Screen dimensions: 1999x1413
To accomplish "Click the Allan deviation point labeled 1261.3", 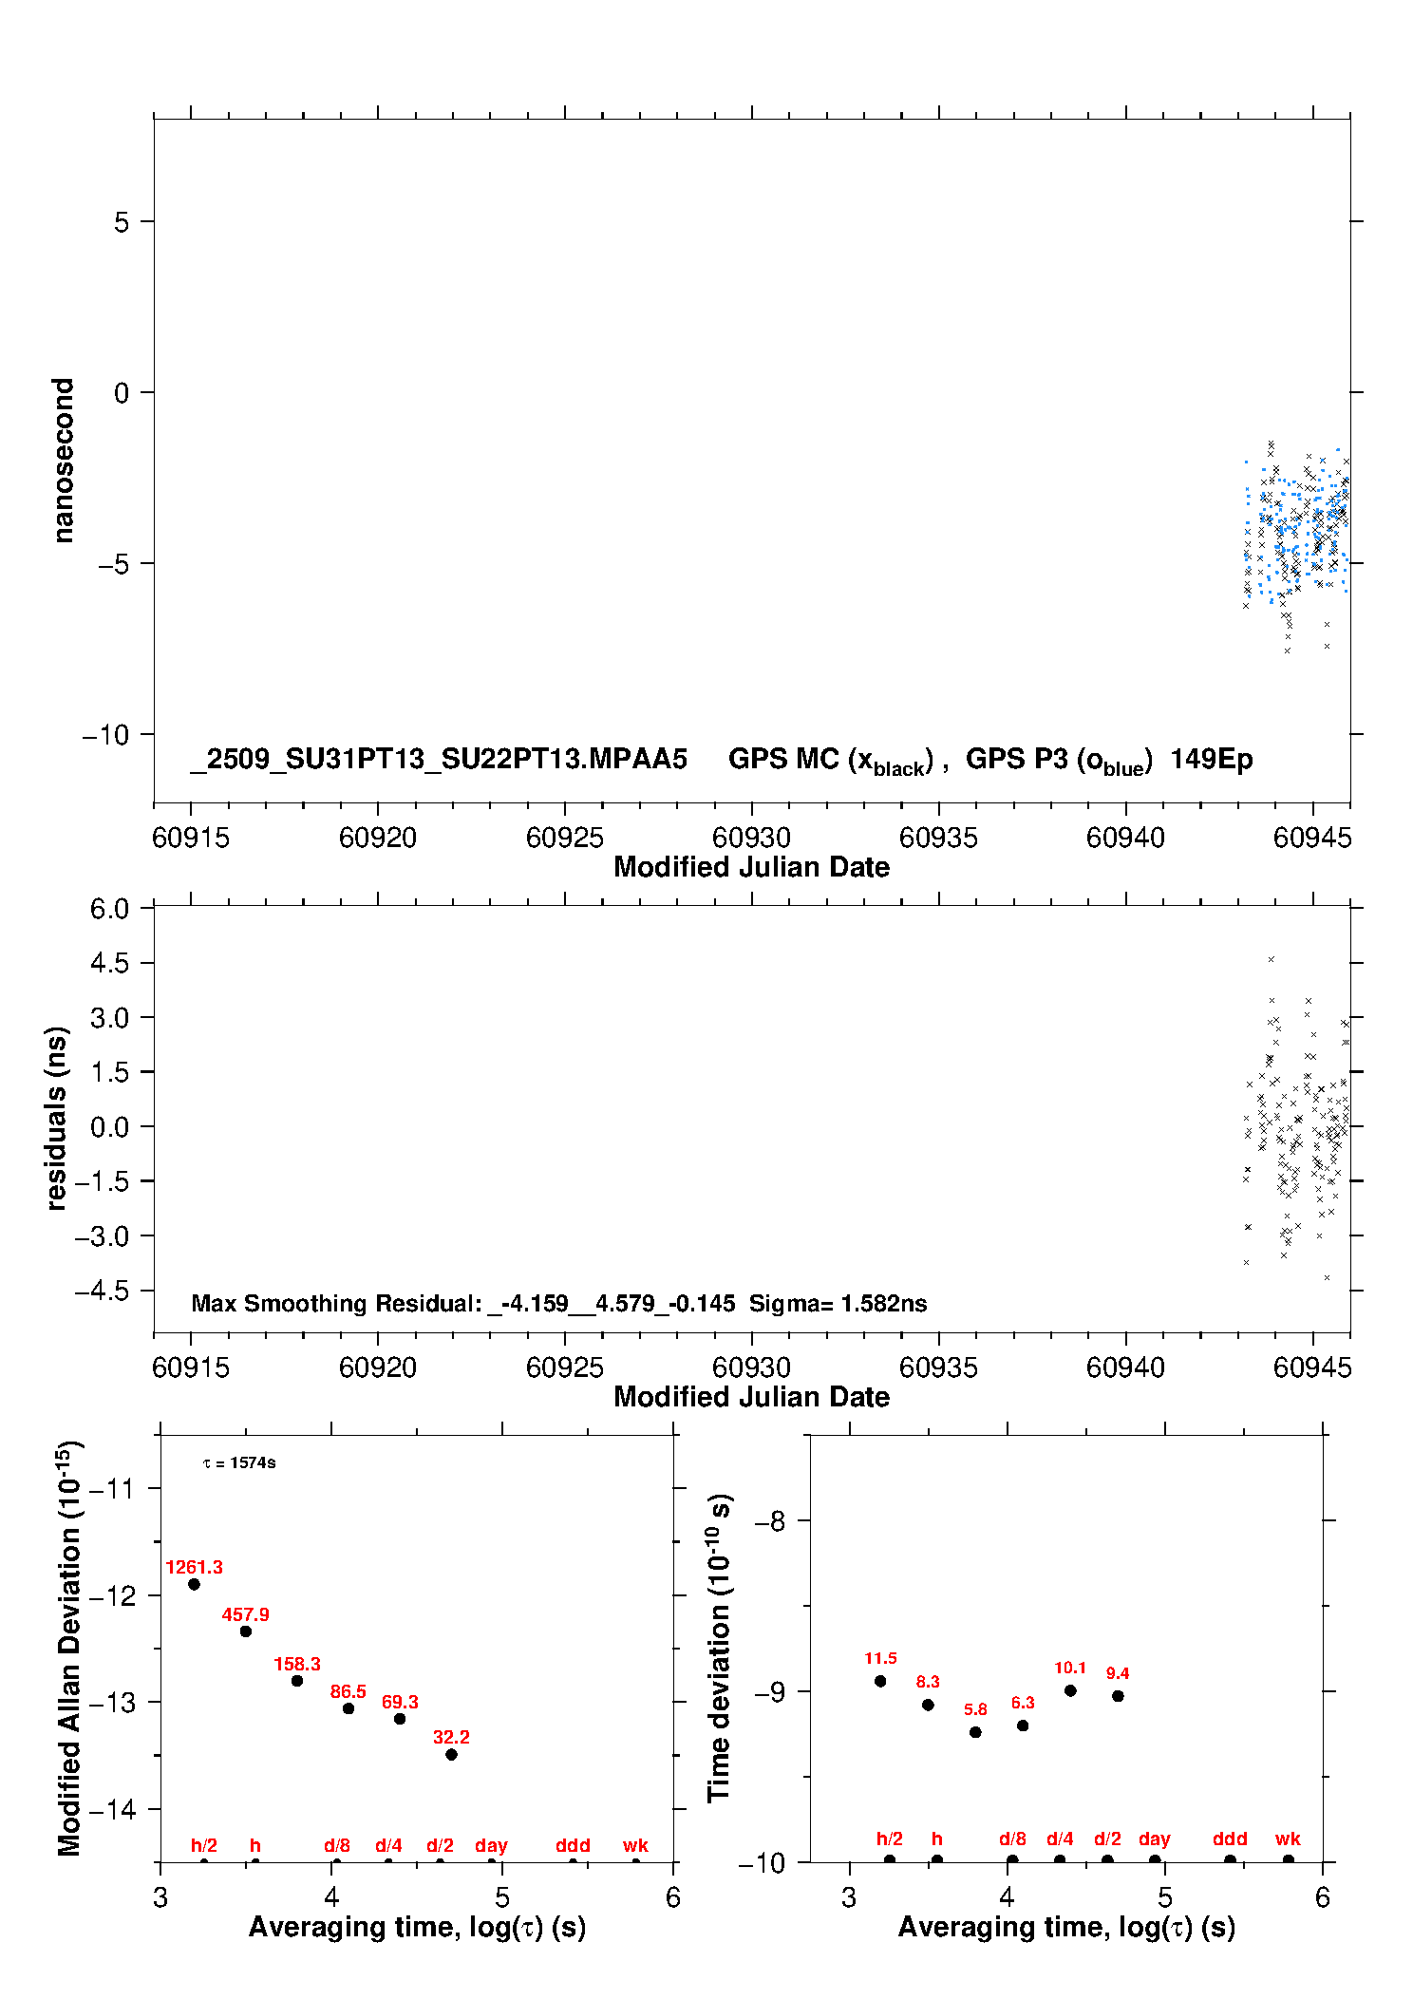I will (x=194, y=1584).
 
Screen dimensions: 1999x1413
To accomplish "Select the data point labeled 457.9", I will (x=246, y=1631).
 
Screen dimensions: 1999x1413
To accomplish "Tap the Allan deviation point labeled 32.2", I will (x=451, y=1754).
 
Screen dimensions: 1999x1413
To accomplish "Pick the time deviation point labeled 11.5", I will (x=880, y=1681).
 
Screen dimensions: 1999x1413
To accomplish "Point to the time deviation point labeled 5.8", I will (x=975, y=1732).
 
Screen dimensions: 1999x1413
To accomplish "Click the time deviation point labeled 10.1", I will (x=1070, y=1690).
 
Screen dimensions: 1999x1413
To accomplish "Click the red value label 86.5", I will (x=349, y=1691).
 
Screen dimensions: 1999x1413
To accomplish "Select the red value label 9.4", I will (x=1118, y=1673).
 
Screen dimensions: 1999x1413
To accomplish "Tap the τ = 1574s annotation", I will (x=239, y=1462).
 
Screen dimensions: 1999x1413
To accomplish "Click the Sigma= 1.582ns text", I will (x=838, y=1303).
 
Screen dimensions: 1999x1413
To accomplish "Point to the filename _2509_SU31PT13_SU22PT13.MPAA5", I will (x=439, y=759).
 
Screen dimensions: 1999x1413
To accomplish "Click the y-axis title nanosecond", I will (x=63, y=461).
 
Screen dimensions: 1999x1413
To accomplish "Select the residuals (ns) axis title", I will (x=57, y=1118).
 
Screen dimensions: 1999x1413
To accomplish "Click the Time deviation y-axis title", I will (x=719, y=1648).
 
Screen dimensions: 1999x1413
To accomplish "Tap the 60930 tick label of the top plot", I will (x=751, y=838).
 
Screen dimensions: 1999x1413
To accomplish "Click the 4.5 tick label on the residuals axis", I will (x=109, y=963).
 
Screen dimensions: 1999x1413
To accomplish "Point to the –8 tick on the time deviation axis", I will (x=770, y=1521).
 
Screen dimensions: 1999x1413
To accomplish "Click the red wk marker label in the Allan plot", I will (x=635, y=1845).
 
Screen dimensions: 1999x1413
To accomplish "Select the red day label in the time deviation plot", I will (x=1155, y=1839).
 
